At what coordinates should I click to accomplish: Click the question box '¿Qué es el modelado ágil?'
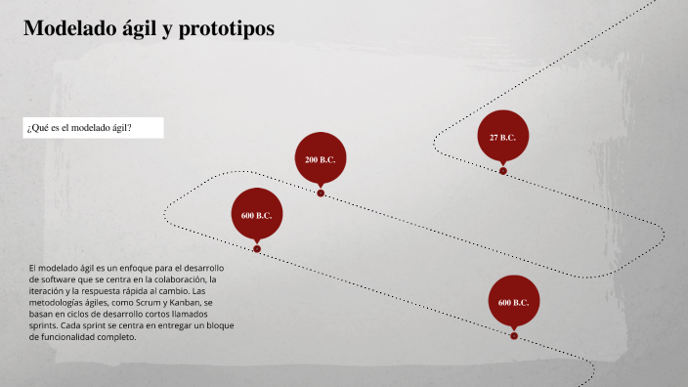(x=93, y=128)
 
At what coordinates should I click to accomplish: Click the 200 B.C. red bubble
(x=321, y=159)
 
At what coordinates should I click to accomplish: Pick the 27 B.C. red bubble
(x=502, y=138)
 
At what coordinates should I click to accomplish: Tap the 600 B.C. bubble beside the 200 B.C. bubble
(x=256, y=215)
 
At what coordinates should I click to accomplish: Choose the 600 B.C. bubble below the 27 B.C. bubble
(x=513, y=302)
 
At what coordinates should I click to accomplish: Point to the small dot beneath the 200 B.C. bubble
(x=321, y=193)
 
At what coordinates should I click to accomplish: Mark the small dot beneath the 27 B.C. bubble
(x=502, y=170)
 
